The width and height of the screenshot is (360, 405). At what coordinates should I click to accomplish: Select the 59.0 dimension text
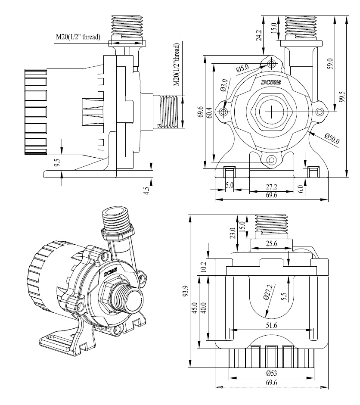pos(330,64)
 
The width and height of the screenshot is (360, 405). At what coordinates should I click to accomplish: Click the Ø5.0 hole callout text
pos(242,69)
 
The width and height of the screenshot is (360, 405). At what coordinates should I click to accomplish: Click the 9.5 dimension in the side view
pos(57,163)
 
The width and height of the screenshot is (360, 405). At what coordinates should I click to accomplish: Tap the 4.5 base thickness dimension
pos(146,190)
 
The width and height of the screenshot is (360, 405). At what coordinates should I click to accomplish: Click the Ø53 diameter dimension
pos(272,373)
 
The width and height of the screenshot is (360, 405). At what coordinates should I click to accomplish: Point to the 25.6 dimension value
pos(272,243)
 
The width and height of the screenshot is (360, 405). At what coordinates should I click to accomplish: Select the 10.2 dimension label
pos(204,267)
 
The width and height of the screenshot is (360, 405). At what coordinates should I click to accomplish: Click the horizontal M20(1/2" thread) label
pos(78,37)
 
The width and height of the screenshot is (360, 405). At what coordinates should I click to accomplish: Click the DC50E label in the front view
pos(271,81)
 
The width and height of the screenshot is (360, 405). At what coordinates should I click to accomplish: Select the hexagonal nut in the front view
pos(271,112)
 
